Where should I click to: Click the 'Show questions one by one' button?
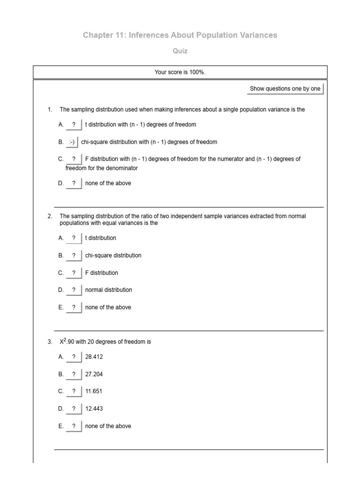(285, 89)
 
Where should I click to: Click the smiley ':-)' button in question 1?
(72, 142)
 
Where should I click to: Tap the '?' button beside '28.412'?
(74, 357)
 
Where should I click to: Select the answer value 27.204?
(94, 375)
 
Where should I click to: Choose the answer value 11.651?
(93, 391)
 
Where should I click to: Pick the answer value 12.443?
(94, 409)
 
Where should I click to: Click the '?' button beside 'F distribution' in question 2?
(74, 273)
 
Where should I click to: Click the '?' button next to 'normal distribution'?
(74, 290)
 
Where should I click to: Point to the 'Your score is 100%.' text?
(180, 72)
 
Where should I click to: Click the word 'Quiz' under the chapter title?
(180, 51)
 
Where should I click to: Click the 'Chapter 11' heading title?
(180, 35)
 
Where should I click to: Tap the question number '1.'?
(50, 110)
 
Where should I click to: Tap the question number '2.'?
(50, 216)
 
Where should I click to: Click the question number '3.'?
(50, 342)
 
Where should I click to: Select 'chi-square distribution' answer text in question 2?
(113, 255)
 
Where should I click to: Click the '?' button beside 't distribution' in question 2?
(74, 238)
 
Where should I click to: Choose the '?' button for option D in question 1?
(74, 184)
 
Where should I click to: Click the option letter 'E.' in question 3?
(60, 426)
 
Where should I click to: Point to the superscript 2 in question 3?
(65, 340)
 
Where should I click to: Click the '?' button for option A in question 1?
(74, 125)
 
